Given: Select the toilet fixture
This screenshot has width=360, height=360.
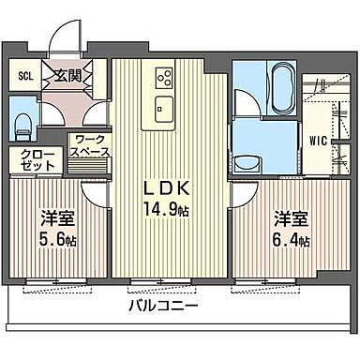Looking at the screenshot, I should coord(23,125).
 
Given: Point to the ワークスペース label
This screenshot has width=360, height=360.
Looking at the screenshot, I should coord(91,146).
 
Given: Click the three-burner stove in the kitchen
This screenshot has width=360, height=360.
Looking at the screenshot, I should coord(162,78).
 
